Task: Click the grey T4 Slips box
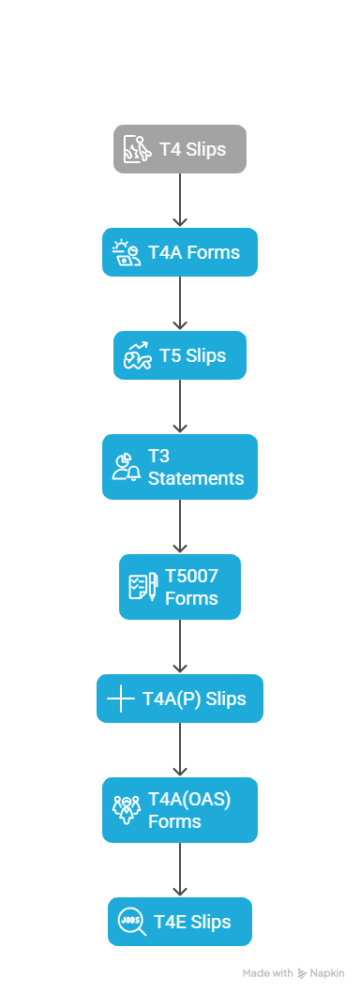click(180, 149)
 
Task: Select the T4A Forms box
click(180, 252)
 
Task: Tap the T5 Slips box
click(180, 355)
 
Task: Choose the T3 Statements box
click(180, 467)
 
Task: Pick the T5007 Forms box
click(180, 587)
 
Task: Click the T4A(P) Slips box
click(180, 699)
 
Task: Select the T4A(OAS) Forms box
click(180, 810)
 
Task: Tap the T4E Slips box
click(180, 922)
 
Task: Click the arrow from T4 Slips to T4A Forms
click(180, 201)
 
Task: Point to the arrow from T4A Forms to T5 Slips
click(180, 304)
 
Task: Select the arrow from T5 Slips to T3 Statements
click(180, 407)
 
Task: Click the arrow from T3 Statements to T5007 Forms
click(180, 527)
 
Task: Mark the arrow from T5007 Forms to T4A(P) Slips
click(180, 647)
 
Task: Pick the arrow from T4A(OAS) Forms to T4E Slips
click(180, 870)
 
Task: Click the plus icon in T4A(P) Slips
click(121, 699)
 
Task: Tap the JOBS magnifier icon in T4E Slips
click(132, 923)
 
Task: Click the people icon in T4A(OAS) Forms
click(127, 810)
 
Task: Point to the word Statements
click(196, 478)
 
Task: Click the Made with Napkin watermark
click(293, 973)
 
